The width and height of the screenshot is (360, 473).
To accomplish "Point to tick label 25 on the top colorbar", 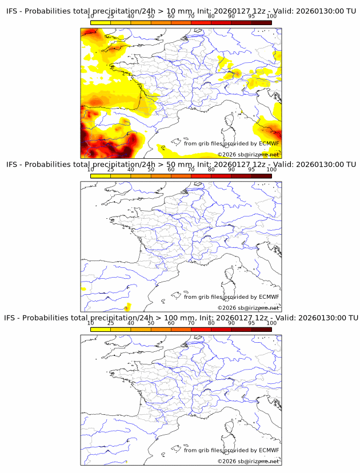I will (x=111, y=17).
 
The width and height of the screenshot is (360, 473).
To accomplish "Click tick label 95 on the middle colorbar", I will (x=251, y=170).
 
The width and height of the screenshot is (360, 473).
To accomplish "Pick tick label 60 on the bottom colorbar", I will (x=171, y=323).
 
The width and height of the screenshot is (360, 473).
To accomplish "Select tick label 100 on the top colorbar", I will (x=271, y=17).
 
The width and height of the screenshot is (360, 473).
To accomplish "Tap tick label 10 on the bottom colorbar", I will (x=91, y=323).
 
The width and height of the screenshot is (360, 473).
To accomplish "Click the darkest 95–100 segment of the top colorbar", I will (x=261, y=22).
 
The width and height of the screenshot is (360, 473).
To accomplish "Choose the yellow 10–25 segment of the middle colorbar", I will (x=101, y=175).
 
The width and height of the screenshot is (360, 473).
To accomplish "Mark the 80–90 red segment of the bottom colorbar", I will (x=221, y=328).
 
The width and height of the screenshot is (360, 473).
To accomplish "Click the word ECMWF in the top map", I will (x=269, y=143).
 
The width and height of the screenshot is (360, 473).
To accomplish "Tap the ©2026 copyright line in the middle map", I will (x=248, y=308).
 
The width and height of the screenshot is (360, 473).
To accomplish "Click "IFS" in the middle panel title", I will (x=13, y=165).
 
